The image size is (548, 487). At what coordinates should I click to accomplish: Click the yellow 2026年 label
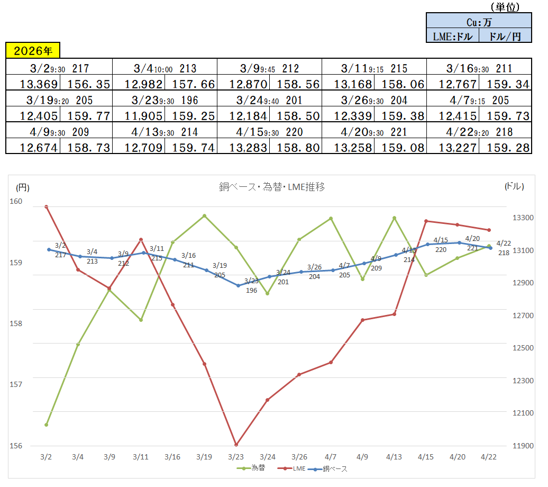(x=33, y=51)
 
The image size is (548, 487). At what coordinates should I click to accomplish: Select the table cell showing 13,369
(x=33, y=84)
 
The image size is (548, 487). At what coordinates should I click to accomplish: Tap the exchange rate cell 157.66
(x=191, y=84)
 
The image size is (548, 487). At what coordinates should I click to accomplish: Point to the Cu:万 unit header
(x=479, y=22)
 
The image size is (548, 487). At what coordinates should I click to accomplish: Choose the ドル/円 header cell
(x=505, y=36)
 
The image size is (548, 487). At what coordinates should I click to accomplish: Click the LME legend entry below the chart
(x=293, y=468)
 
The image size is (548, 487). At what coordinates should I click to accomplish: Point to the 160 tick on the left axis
(x=16, y=201)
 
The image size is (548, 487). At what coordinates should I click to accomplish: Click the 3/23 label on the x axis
(x=235, y=456)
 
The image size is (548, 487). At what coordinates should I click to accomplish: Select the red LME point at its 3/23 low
(x=236, y=445)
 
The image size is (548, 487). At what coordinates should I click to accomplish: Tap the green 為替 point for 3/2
(x=47, y=425)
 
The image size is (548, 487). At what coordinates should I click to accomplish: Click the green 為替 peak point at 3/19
(x=204, y=216)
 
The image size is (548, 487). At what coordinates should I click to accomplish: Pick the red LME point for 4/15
(x=426, y=221)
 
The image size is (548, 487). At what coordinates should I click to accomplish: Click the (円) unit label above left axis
(x=23, y=187)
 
